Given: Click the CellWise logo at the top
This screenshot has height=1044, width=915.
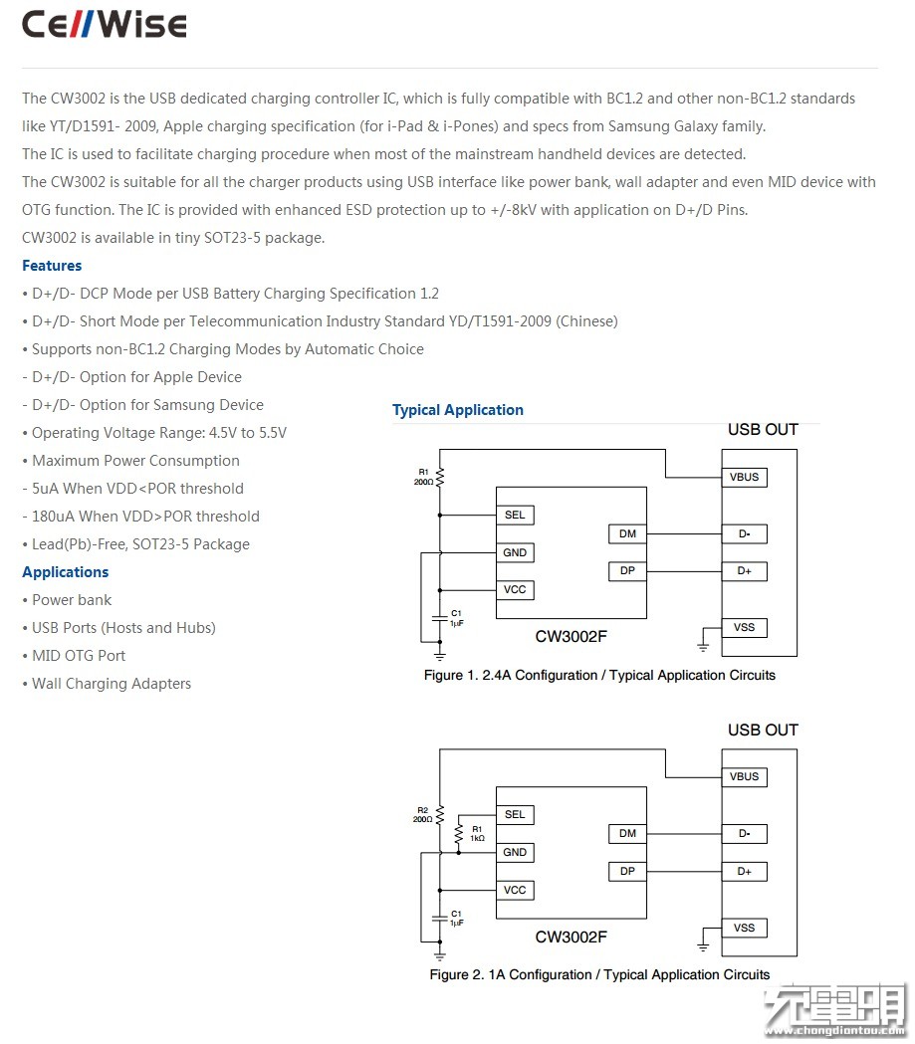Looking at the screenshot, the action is tap(104, 25).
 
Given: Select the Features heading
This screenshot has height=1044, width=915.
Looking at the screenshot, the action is tap(52, 266).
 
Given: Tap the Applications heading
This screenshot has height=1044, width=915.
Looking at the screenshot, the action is tap(66, 572).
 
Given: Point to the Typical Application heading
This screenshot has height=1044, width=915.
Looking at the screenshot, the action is tap(458, 409).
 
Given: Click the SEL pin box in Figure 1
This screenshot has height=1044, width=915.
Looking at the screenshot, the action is tap(515, 515).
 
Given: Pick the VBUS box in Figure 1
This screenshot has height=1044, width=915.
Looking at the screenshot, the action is tap(744, 477).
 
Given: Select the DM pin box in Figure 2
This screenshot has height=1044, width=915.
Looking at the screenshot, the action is tap(627, 833).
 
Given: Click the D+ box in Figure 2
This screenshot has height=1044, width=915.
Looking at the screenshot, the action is tap(744, 871).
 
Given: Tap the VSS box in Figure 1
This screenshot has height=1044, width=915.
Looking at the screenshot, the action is tap(744, 627).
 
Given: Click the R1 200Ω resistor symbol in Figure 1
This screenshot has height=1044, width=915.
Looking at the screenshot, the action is tap(439, 477).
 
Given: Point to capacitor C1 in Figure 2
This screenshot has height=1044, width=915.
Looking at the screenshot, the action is tap(439, 919).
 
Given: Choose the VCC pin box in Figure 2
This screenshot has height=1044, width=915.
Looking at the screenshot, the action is tap(515, 890).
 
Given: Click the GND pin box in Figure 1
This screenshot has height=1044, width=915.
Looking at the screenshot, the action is tap(515, 552).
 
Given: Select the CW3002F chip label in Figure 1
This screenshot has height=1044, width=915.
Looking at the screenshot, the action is tap(572, 637).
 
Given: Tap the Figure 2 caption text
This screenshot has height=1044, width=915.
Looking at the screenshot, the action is tap(599, 974).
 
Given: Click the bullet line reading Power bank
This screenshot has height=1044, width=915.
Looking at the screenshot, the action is tap(67, 600).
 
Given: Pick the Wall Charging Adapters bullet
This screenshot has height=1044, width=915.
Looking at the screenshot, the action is tap(107, 684).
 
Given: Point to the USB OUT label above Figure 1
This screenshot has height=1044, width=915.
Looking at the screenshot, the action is tap(764, 430).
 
